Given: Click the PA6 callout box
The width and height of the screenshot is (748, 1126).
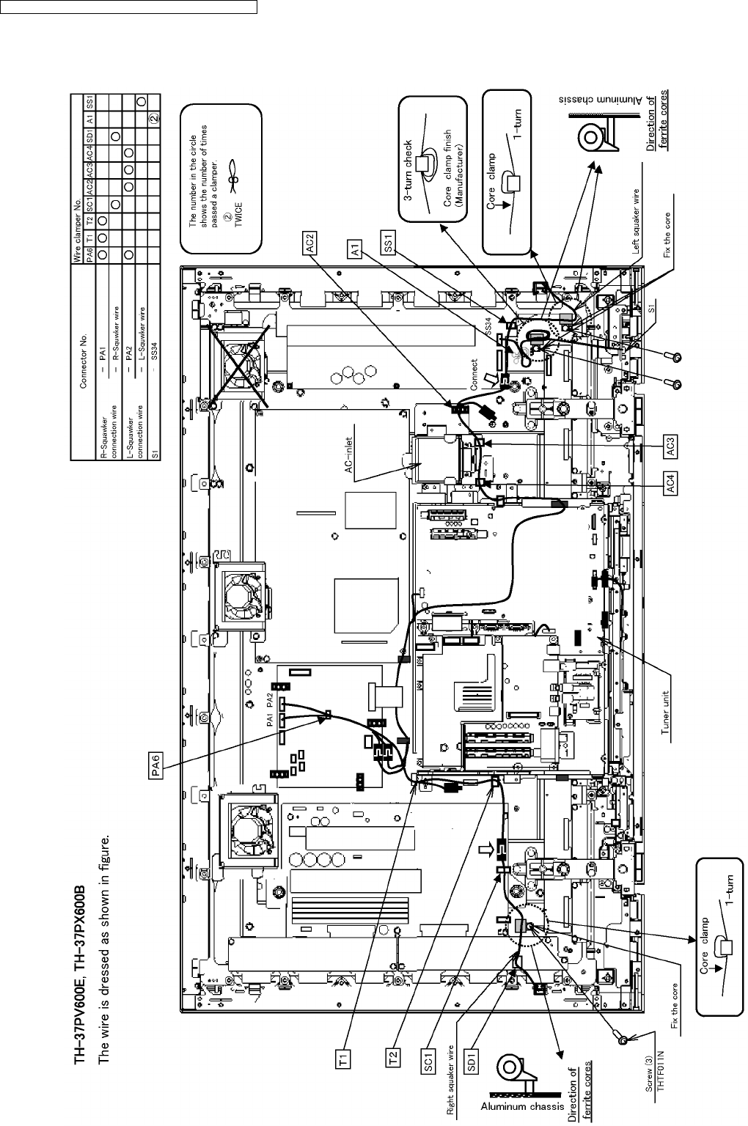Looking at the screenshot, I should point(155,767).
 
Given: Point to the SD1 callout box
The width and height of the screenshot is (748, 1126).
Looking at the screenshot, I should point(472,1060).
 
